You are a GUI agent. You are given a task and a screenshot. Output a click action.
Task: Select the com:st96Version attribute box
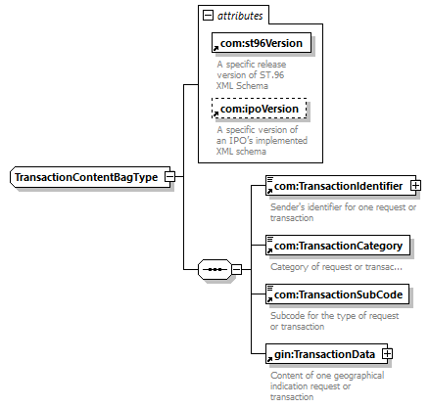(262, 42)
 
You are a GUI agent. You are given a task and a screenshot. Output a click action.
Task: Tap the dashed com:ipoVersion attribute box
(260, 108)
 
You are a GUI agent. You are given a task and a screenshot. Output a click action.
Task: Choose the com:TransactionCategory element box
(338, 245)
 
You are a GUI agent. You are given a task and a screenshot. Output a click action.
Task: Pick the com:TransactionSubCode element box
(337, 294)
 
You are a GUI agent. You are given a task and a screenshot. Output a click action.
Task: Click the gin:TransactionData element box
(326, 353)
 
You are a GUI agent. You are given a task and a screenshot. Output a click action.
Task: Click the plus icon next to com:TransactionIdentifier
(415, 186)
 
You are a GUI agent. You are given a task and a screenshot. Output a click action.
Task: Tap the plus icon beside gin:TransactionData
(387, 353)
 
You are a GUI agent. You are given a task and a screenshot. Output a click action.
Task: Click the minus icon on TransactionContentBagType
(170, 177)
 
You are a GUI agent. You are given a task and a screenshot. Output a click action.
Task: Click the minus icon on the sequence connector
(237, 269)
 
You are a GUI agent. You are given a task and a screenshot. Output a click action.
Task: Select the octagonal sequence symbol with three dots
(215, 269)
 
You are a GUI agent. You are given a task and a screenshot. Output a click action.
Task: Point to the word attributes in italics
(240, 16)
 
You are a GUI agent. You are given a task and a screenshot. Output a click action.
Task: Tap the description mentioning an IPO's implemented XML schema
(262, 141)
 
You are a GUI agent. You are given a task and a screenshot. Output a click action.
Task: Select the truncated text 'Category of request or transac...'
(336, 267)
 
